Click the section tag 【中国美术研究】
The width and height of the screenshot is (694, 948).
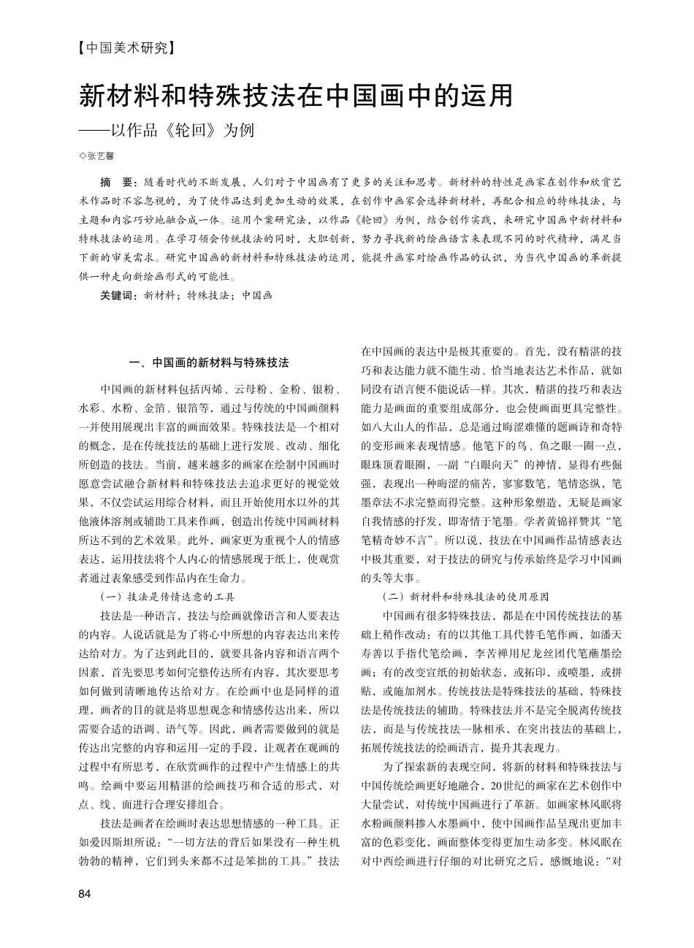click(x=126, y=49)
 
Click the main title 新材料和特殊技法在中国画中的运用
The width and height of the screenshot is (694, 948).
click(x=296, y=95)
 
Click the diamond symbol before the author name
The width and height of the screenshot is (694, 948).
click(x=82, y=156)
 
